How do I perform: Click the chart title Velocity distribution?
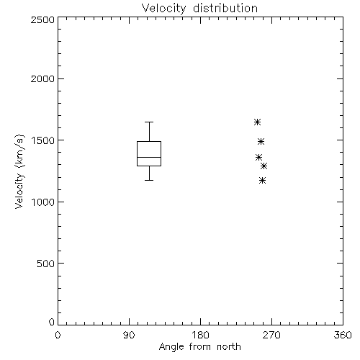199,9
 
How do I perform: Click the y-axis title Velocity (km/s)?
19,171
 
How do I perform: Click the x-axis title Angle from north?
199,347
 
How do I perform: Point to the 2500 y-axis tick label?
42,19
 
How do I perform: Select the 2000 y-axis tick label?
42,78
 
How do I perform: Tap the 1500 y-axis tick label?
43,140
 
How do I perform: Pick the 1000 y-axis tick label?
43,202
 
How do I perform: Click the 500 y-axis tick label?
46,264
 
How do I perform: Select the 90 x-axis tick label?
129,335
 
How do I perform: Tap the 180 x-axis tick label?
200,335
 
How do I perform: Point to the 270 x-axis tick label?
271,335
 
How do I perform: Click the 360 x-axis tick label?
343,335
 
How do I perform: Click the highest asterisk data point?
257,122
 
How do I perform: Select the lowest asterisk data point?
263,180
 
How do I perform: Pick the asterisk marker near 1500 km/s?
261,142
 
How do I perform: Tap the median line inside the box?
149,157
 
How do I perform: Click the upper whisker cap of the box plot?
149,122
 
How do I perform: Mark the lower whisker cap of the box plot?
149,180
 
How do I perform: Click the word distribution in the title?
225,9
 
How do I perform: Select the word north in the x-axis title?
229,347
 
